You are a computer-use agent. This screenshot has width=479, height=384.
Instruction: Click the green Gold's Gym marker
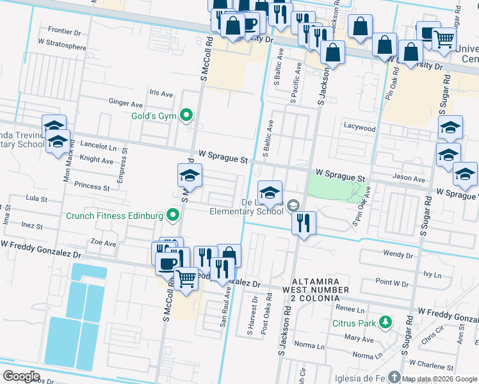[x=186, y=115]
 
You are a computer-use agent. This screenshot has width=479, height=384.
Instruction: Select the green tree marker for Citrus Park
[x=385, y=322]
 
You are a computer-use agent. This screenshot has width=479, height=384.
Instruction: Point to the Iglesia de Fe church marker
[x=395, y=377]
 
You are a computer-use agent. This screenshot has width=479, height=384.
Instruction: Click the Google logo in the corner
[x=21, y=376]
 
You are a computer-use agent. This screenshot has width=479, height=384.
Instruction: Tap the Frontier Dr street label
[x=64, y=30]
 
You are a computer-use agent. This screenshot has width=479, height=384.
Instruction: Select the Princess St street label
[x=92, y=186]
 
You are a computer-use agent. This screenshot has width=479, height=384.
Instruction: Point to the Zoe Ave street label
[x=103, y=243]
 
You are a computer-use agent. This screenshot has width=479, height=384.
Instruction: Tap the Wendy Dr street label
[x=398, y=254]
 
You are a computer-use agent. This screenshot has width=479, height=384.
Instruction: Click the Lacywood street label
[x=359, y=127]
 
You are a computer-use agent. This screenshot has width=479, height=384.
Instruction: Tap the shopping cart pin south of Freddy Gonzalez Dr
[x=186, y=279]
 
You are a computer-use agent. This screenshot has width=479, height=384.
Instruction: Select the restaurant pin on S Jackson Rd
[x=303, y=223]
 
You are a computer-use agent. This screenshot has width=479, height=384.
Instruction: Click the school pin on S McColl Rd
[x=190, y=175]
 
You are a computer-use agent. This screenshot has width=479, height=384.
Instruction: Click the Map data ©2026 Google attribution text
[x=439, y=379]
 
